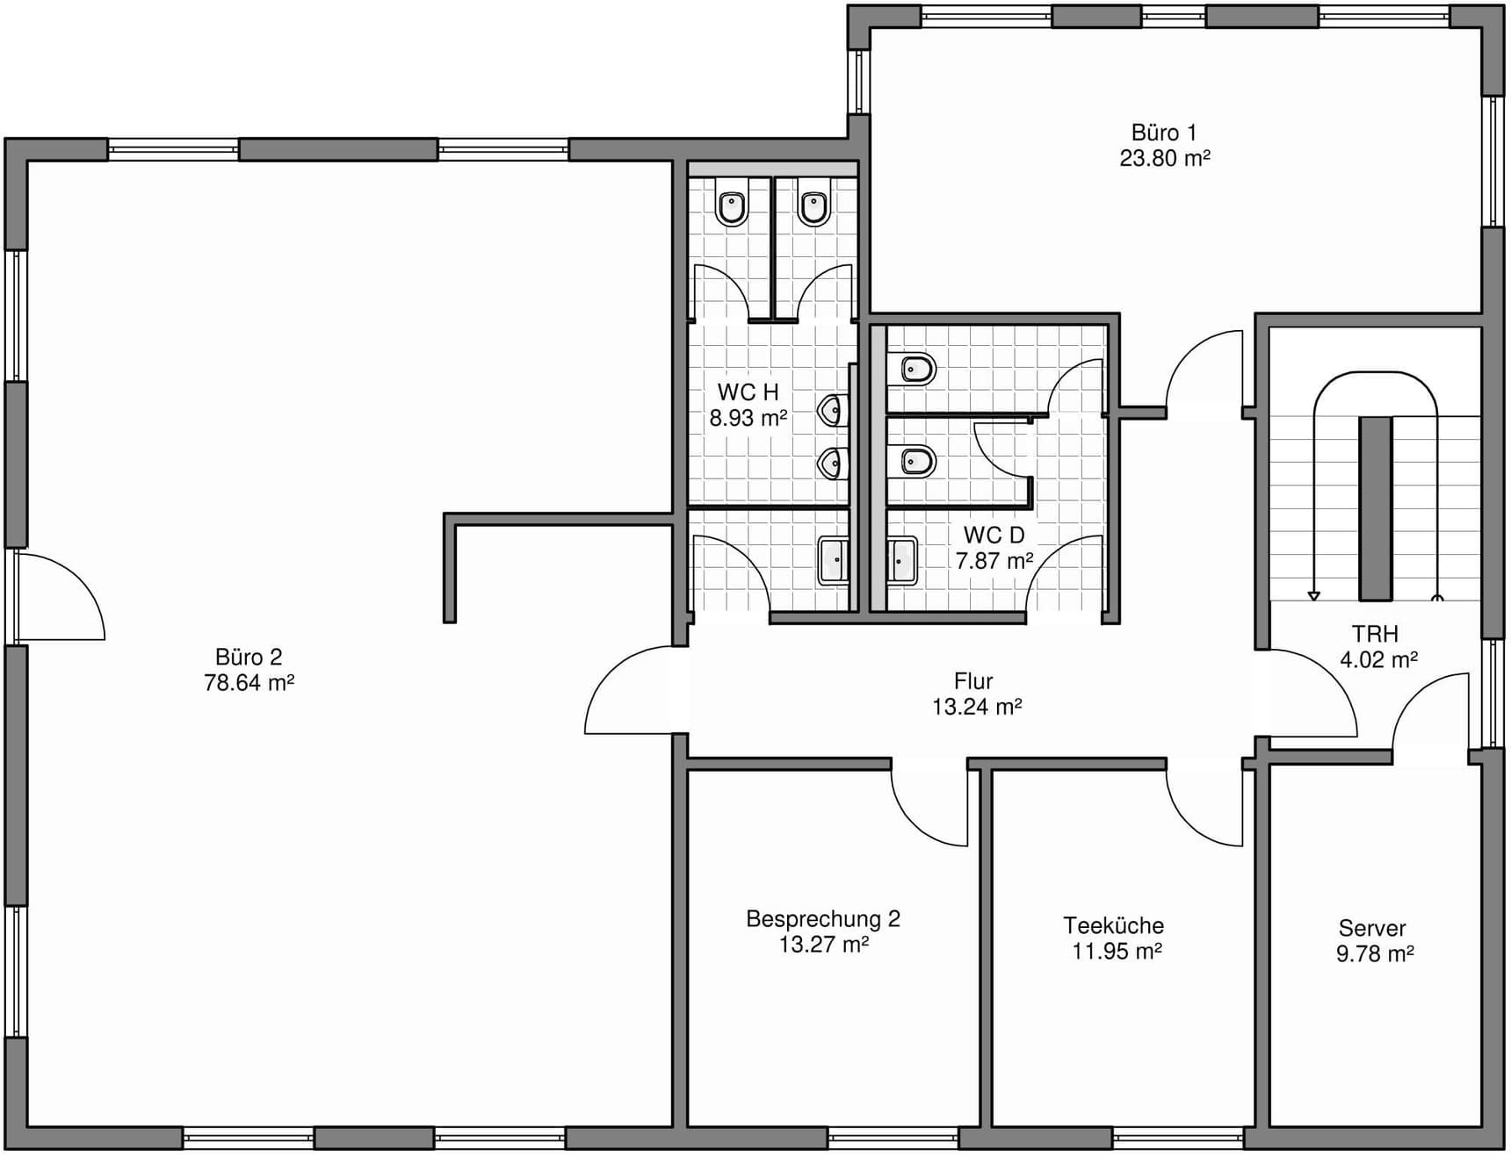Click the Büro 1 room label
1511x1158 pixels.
[1164, 133]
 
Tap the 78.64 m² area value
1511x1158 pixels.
[249, 683]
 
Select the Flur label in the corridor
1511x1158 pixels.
[973, 681]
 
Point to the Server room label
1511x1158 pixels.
[1372, 928]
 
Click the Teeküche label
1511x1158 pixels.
[1114, 925]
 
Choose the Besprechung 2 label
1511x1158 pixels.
[823, 919]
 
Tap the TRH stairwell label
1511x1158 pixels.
[1375, 634]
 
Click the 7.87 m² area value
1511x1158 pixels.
[994, 561]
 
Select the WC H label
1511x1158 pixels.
[748, 392]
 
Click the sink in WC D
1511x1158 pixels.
[902, 560]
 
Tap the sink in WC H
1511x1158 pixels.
[834, 561]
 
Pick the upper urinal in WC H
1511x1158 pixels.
[834, 410]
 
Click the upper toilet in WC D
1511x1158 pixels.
[911, 370]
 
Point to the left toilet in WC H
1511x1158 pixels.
[732, 208]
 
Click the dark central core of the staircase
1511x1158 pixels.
[1376, 508]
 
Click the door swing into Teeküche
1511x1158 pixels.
[1204, 805]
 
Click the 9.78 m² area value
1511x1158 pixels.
[1375, 953]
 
